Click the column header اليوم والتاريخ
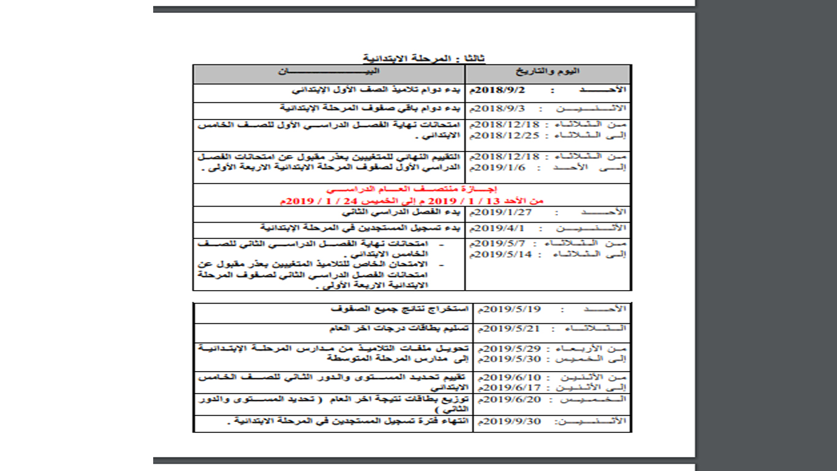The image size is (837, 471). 548,72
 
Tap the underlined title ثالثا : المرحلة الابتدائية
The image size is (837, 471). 424,58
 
